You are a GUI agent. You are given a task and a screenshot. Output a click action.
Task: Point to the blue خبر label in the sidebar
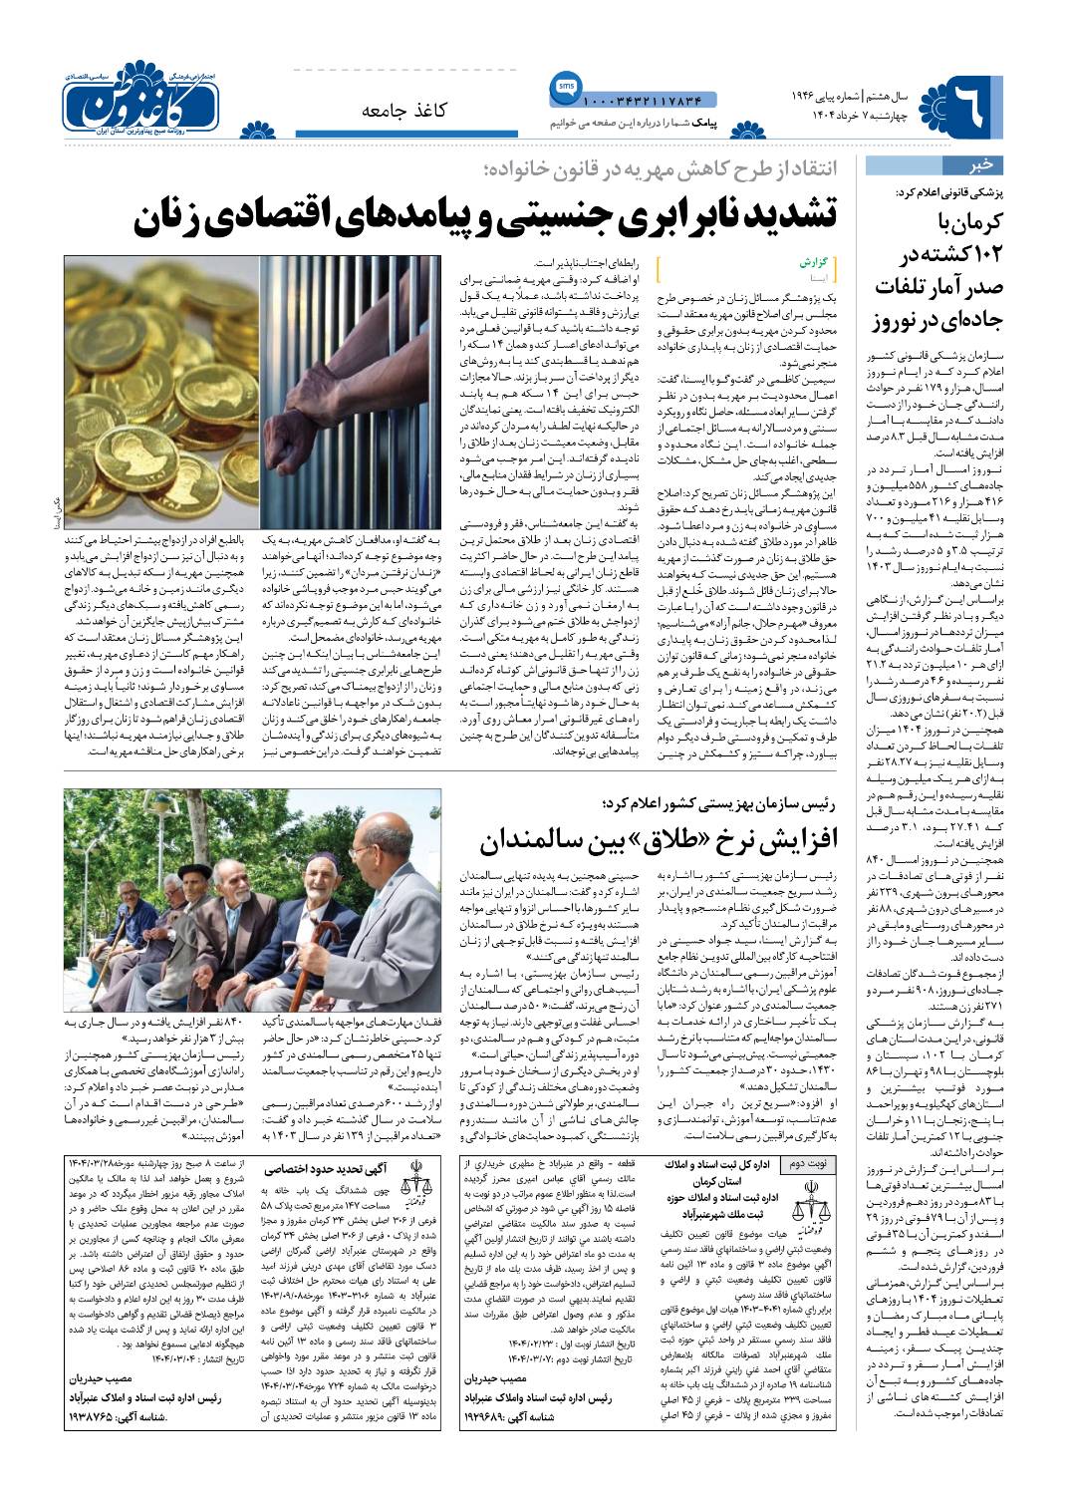[x=981, y=165]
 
